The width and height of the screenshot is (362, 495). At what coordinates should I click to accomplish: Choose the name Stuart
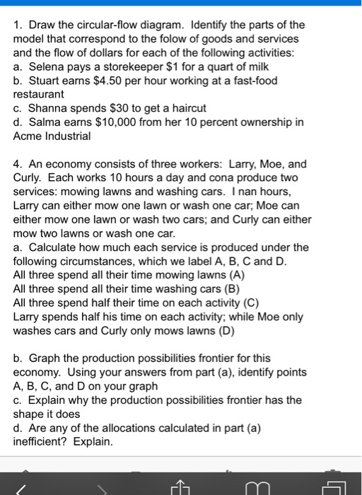coord(45,80)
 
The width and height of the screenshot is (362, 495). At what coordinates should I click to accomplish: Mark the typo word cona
coord(199,177)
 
